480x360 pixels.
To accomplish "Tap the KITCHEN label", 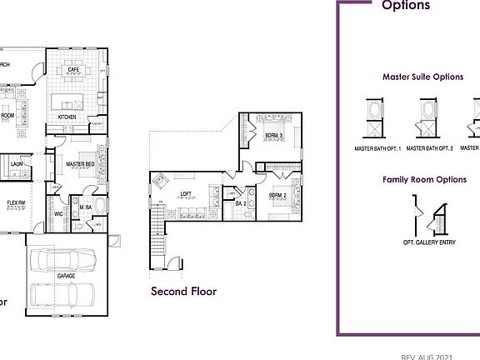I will point(67,117).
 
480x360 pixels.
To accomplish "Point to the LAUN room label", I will point(17,164).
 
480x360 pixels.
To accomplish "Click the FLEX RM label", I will point(15,202).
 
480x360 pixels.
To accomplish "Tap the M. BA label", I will point(85,207).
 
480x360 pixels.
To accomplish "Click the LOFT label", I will point(187,194).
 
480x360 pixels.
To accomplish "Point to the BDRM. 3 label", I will point(274,135).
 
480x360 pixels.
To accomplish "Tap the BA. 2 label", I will point(240,203).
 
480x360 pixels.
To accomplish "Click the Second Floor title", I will point(183,292).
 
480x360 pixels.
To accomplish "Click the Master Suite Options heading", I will point(422,77).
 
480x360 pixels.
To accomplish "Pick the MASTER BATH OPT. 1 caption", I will point(377,148).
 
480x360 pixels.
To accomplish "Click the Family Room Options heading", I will point(423,179).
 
